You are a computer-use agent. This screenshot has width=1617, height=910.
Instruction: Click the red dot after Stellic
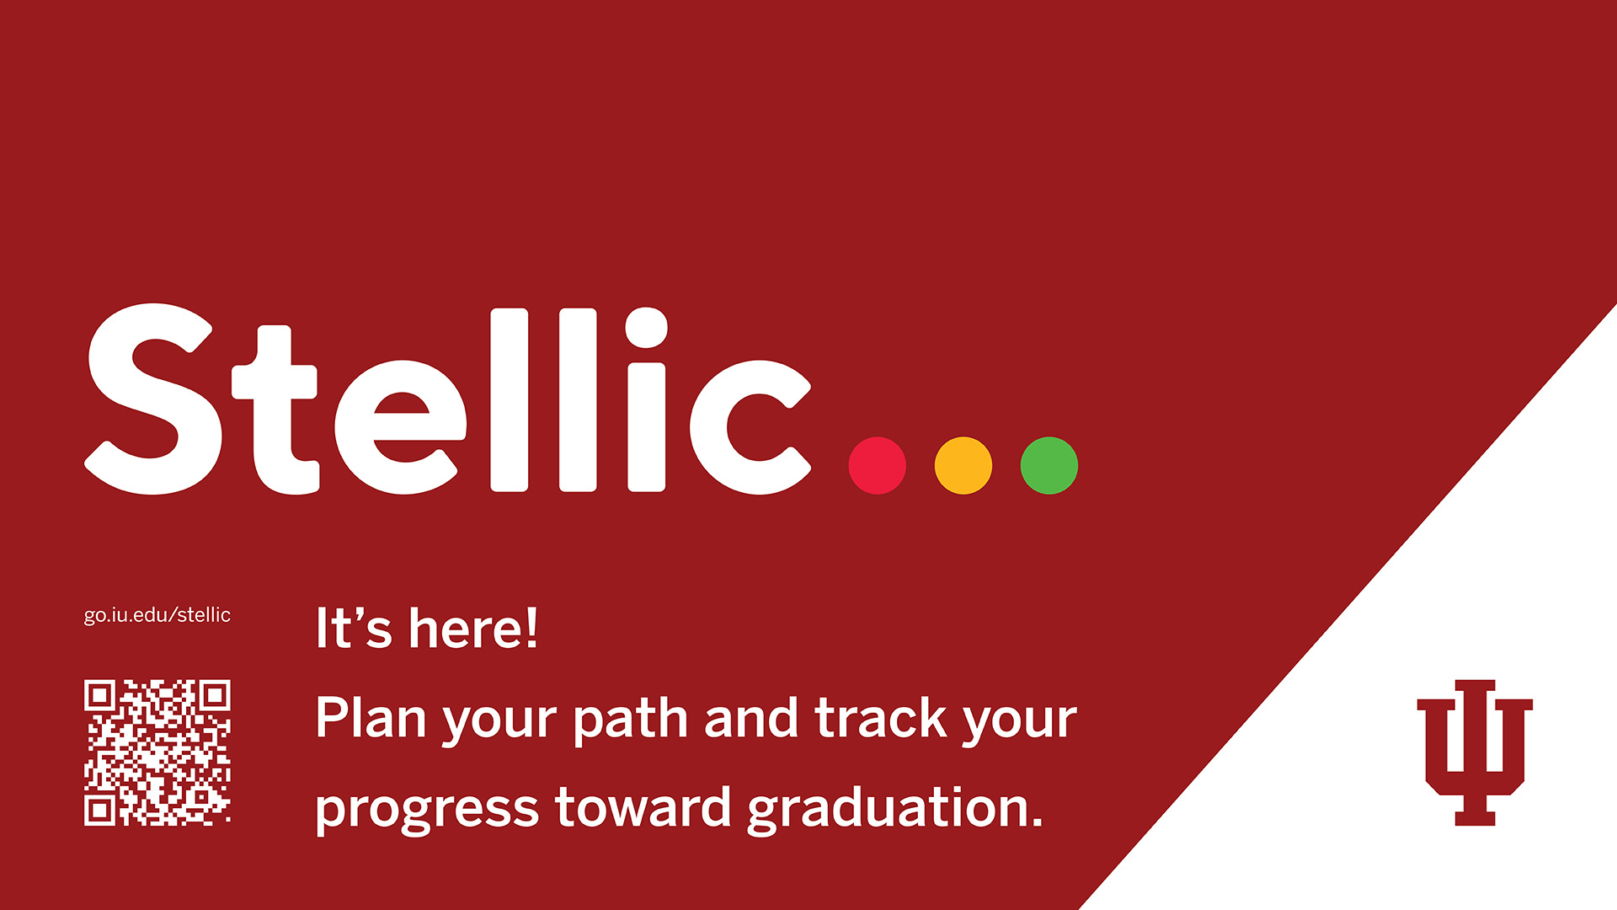coord(877,465)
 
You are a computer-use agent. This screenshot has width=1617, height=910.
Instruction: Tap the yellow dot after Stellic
coord(963,465)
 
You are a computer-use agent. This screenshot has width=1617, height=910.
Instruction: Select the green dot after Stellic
coord(1049,465)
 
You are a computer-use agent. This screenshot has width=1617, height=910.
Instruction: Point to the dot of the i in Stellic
coord(647,328)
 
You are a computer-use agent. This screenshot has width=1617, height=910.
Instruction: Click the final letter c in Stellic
coord(750,426)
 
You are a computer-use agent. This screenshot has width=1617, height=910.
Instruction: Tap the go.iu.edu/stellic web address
coord(157,615)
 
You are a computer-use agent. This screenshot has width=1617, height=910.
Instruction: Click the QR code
coord(157,752)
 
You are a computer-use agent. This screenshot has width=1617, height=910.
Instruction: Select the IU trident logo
coord(1475,752)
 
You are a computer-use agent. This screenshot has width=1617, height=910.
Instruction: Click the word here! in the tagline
coord(473,629)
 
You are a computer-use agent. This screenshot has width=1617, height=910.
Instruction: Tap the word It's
coord(354,629)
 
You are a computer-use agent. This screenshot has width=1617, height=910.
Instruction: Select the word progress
coord(427,810)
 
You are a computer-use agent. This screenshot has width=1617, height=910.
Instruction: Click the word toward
coord(643,806)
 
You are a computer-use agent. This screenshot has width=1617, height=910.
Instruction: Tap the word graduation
coord(895,809)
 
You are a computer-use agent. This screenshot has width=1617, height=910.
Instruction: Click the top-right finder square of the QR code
coord(215,695)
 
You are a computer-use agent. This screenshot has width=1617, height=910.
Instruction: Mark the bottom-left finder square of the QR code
coord(100,810)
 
